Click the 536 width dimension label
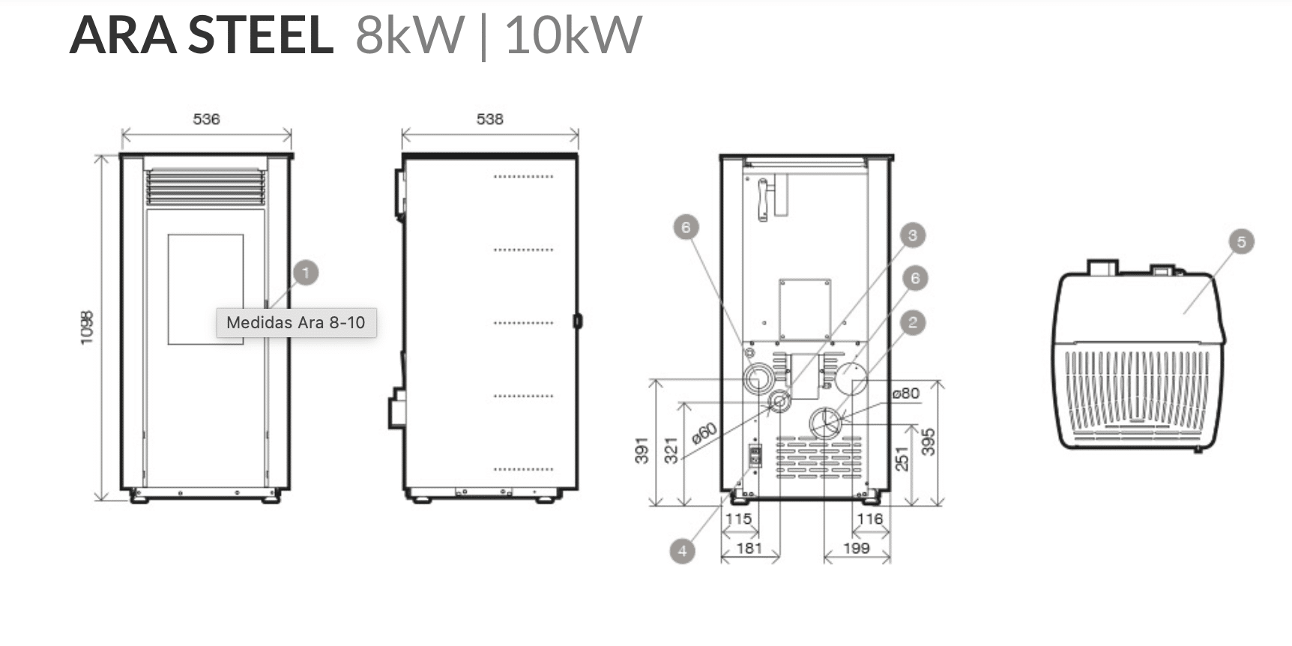click(x=206, y=119)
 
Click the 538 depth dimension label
click(x=490, y=119)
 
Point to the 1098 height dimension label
click(x=87, y=327)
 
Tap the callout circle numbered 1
click(x=305, y=272)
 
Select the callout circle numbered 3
click(x=912, y=235)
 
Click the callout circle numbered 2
click(x=912, y=323)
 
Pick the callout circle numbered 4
click(x=682, y=551)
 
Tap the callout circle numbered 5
click(x=1242, y=242)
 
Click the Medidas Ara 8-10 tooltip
click(x=296, y=322)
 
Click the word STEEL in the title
click(x=259, y=35)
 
